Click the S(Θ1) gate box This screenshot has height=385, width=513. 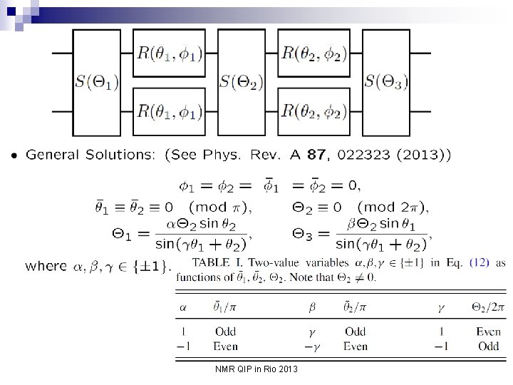tap(97, 83)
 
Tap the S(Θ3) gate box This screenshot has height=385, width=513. tap(387, 83)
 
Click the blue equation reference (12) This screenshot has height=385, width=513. tap(479, 263)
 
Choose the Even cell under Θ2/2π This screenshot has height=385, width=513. tap(489, 332)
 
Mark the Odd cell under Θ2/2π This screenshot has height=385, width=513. tap(489, 346)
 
